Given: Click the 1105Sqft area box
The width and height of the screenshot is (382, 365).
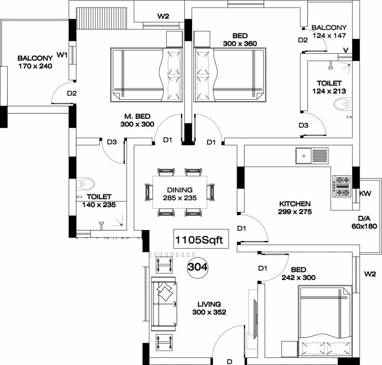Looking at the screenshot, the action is pos(201,239).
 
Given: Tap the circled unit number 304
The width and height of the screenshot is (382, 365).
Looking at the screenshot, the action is pos(198,267).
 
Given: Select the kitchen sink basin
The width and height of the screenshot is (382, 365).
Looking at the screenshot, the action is pos(304,156).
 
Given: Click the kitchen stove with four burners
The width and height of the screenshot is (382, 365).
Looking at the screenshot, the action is pos(343,186).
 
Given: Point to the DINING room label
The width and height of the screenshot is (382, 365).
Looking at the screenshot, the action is pos(180,190).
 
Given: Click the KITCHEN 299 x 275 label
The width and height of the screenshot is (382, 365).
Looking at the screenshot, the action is pos(295,208).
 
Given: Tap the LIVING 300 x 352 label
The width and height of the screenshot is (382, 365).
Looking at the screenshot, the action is pos(209,308).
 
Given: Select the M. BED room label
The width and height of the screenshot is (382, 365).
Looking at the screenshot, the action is pos(137,116).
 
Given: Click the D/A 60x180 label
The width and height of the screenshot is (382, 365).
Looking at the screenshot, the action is pos(364,222).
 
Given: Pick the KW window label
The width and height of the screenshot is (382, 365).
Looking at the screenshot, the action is pos(365,193).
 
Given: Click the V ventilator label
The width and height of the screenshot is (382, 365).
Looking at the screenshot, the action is pos(346,50).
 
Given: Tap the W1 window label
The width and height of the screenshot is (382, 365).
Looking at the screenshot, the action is pos(62,55).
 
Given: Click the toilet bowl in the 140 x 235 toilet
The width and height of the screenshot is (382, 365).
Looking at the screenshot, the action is pos(86,184).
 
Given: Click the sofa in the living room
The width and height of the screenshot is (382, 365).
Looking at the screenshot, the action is pos(164,304).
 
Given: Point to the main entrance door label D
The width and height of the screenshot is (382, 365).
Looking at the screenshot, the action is pos(229,362).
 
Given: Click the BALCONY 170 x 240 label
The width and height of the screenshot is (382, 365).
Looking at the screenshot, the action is pos(35,62).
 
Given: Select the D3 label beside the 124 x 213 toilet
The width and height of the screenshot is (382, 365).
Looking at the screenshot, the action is pos(304,125).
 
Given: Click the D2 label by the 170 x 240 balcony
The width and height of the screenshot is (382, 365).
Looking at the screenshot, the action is pos(72,93).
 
